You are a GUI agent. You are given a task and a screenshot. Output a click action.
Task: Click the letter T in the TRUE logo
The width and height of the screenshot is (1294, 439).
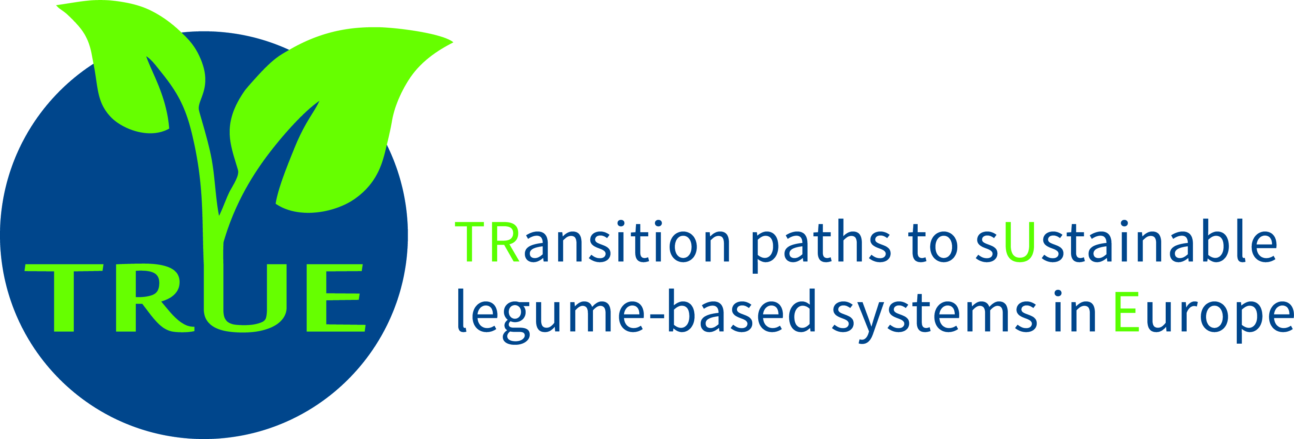pos(64,297)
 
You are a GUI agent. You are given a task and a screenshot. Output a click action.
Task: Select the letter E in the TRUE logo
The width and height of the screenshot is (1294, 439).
pos(336,297)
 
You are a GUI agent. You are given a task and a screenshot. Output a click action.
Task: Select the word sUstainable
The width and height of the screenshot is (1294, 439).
pos(1125,241)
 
